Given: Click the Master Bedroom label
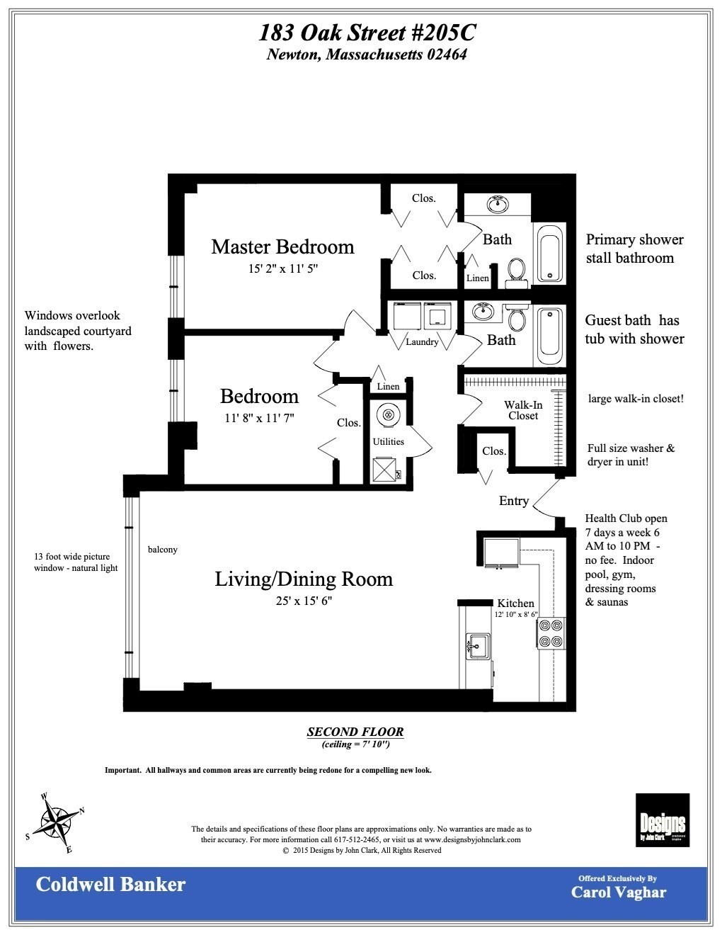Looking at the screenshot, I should point(282,246).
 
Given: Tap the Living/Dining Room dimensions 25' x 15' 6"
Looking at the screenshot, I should point(304,601).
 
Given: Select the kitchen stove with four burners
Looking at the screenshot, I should point(551,633).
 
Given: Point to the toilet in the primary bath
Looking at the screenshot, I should point(517,271).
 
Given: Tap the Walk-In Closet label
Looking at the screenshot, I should point(523,410).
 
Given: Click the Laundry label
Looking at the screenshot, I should point(422,342).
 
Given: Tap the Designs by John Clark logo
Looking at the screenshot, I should point(662,820).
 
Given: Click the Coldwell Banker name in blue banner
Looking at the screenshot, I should point(110,884).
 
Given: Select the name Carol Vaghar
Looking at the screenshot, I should point(618,892).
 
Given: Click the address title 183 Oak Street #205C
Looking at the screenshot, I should point(367,33).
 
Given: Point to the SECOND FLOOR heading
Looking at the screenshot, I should point(355,732).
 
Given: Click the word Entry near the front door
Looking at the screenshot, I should point(513,501).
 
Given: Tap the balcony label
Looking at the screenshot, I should point(163,549).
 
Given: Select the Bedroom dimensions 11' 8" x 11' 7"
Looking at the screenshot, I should point(259,418).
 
